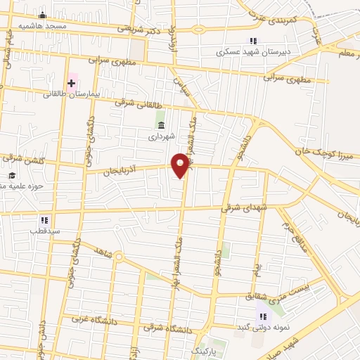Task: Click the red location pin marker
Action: point(181,165)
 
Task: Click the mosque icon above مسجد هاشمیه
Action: point(42,15)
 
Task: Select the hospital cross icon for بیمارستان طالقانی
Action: point(70,83)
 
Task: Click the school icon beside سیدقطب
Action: point(44,220)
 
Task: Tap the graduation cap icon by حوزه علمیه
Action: point(11,176)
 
